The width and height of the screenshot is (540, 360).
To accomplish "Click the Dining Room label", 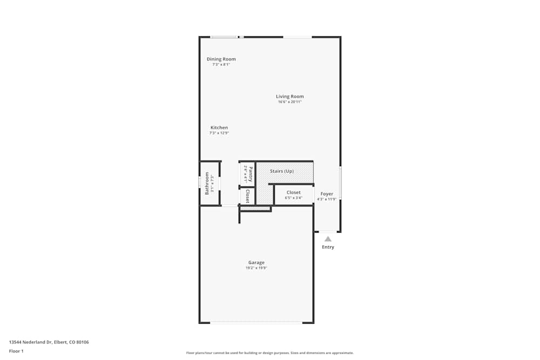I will coord(221,59).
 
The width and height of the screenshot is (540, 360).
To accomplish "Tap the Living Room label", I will coord(290,97).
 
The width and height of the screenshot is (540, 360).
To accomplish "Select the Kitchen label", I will coord(219,128).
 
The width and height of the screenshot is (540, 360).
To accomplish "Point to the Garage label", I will coord(256,263).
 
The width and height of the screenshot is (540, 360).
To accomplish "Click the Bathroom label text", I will coord(207,183).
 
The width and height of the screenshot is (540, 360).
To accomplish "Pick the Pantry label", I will coord(251,174).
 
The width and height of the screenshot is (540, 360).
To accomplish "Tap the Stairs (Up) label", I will coord(282,171).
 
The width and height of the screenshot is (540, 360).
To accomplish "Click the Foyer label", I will coord(327,194).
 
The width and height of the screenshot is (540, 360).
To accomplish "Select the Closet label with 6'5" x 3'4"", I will coord(294,193).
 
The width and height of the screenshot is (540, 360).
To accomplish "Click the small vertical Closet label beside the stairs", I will coord(247,196).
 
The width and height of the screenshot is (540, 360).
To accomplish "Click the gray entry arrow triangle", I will coord(328,239).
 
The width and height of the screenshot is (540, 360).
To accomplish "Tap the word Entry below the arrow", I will coord(328,247).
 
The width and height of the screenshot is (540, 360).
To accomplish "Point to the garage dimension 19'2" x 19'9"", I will coord(256,268).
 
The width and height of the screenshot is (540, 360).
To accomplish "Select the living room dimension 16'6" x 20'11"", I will coord(290,102).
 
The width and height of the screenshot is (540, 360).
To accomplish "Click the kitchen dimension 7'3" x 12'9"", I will coord(219,133).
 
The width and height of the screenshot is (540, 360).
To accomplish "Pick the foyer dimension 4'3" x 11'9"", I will coord(327,199).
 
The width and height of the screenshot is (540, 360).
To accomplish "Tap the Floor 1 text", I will coord(16,351).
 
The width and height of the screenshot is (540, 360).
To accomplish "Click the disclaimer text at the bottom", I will coord(270,353).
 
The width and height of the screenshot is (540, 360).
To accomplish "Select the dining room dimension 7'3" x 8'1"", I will coord(221,64).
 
